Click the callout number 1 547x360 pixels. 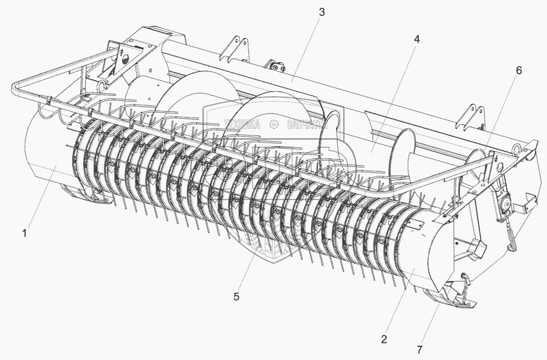click(x=24, y=233)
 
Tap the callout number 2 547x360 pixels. click(x=384, y=339)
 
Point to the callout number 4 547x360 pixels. click(x=416, y=39)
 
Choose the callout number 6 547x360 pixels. click(x=518, y=70)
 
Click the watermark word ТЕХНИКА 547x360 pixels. click(x=243, y=124)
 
